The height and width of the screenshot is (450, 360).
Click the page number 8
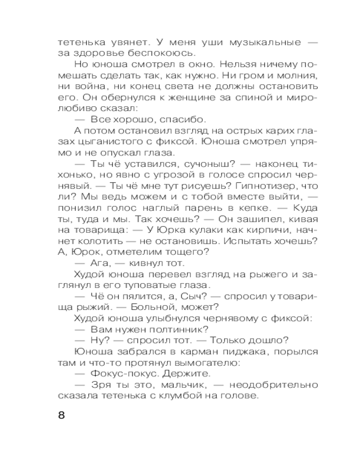tap(62, 414)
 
